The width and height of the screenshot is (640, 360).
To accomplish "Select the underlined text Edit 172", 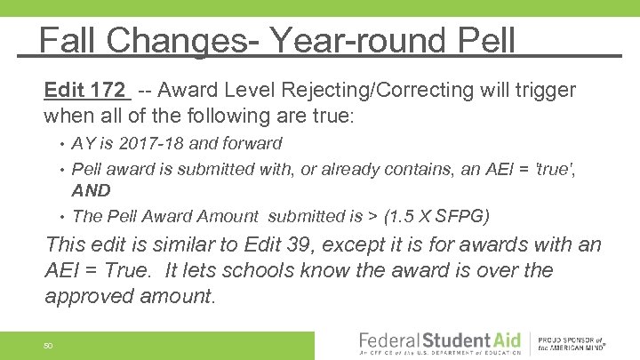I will [85, 90].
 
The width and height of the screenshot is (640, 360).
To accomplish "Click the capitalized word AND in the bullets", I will [91, 190].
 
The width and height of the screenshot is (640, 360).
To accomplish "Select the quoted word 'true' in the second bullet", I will [555, 168].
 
